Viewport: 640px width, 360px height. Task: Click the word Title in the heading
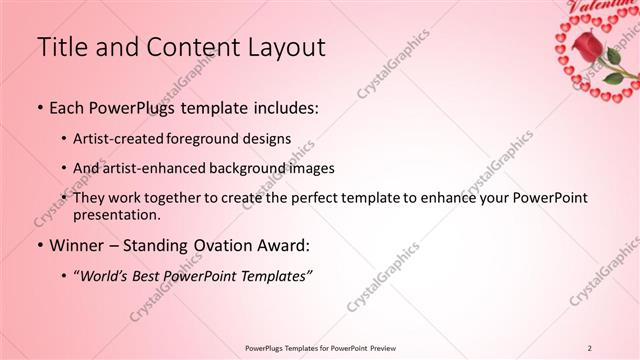click(63, 47)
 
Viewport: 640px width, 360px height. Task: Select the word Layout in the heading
click(282, 47)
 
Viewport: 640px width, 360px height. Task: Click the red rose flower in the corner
click(585, 45)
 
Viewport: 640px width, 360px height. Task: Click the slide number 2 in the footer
click(590, 348)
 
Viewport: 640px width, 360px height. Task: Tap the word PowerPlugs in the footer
click(269, 348)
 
